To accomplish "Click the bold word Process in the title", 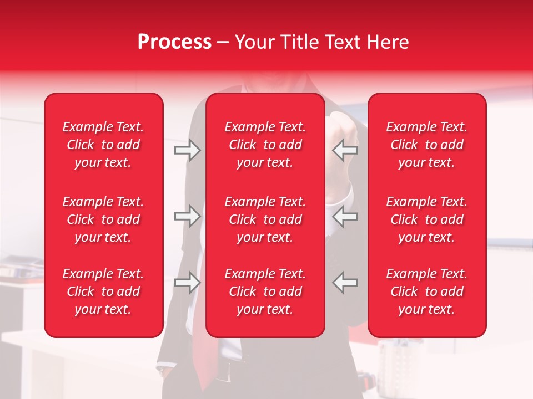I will click(174, 42).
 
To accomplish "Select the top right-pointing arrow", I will click(187, 150).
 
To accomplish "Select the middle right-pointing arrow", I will click(187, 216).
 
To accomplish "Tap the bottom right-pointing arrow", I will click(187, 283).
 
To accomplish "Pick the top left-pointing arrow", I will click(345, 150).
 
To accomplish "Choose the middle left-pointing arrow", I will click(345, 216).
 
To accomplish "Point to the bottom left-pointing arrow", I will click(345, 283).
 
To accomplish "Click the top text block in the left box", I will click(103, 145).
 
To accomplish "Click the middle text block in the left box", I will click(103, 219).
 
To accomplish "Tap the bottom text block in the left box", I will click(103, 291).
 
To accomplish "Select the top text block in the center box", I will click(265, 145).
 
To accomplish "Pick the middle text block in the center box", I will click(265, 219).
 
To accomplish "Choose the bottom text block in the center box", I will click(265, 291).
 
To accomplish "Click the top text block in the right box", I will click(427, 145).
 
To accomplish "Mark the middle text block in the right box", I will click(427, 219).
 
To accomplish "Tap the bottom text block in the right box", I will click(427, 291).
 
